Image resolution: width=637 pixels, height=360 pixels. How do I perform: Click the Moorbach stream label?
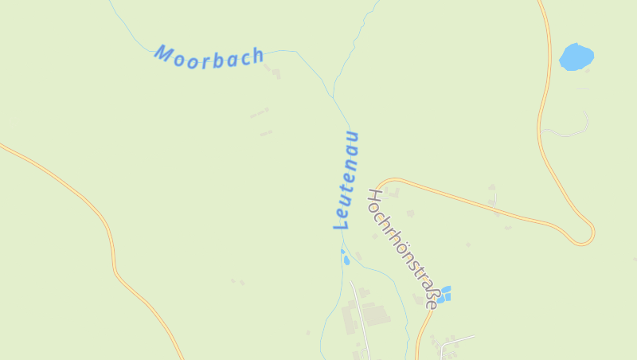(209, 56)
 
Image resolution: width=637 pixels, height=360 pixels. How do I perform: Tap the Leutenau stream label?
(346, 180)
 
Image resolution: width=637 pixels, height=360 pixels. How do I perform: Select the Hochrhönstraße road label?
(403, 248)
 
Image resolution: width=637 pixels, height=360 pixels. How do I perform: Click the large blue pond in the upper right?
(576, 57)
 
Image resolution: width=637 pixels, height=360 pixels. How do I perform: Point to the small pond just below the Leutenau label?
(346, 258)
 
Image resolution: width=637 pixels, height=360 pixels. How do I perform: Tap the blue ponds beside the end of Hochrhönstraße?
(444, 294)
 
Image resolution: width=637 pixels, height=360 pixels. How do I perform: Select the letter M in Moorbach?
(165, 53)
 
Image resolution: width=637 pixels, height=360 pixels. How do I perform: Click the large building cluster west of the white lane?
(351, 319)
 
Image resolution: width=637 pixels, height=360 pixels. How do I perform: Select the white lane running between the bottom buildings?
(360, 315)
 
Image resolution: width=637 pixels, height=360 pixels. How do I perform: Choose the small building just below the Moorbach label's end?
(276, 73)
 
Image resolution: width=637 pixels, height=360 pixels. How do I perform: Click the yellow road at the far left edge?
(6, 147)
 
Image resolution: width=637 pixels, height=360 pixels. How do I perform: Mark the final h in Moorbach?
(256, 56)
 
